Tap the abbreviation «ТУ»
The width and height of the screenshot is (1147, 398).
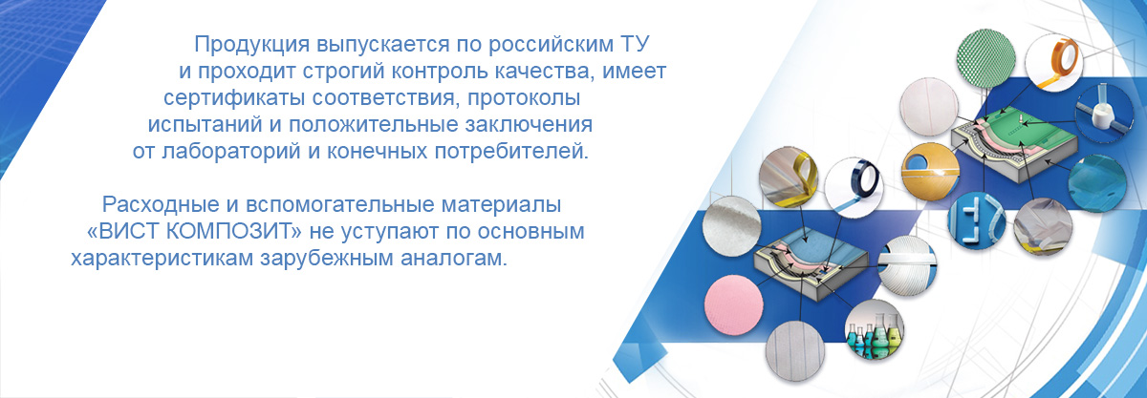635,45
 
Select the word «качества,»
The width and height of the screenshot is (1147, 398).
544,72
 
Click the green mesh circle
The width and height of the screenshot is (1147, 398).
985,59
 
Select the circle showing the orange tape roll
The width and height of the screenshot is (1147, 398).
1053,62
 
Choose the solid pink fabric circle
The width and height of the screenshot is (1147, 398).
734,304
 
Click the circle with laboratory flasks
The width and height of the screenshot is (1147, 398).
874,329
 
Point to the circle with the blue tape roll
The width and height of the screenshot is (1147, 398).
855,186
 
